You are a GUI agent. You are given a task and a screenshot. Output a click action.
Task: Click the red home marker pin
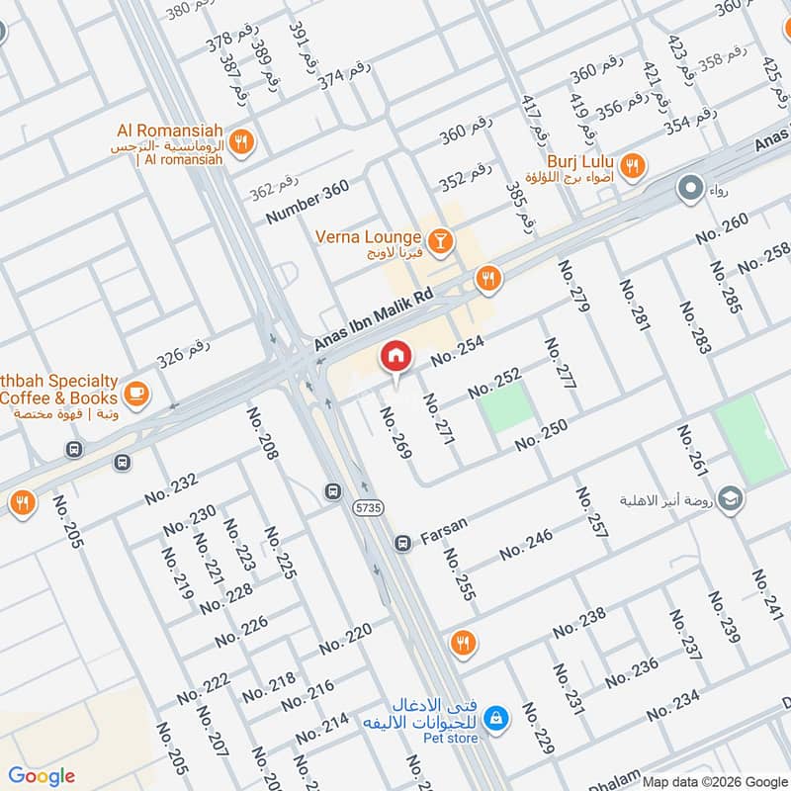pyautogui.click(x=395, y=357)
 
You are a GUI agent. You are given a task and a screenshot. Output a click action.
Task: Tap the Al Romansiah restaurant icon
pyautogui.click(x=241, y=142)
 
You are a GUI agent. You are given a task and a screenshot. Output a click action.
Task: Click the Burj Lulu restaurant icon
pyautogui.click(x=633, y=163)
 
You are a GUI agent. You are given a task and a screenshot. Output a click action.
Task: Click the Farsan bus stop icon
pyautogui.click(x=402, y=543)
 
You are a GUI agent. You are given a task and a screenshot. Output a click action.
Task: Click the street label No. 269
pyautogui.click(x=395, y=431)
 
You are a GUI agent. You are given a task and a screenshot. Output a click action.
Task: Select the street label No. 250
pyautogui.click(x=540, y=435)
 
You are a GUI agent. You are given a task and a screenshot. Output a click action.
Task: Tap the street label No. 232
pyautogui.click(x=171, y=489)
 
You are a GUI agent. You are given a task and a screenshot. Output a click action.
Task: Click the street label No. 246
pyautogui.click(x=525, y=546)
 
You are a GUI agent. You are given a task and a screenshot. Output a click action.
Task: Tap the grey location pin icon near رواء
pyautogui.click(x=689, y=186)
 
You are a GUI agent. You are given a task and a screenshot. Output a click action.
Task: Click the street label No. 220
pyautogui.click(x=345, y=639)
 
